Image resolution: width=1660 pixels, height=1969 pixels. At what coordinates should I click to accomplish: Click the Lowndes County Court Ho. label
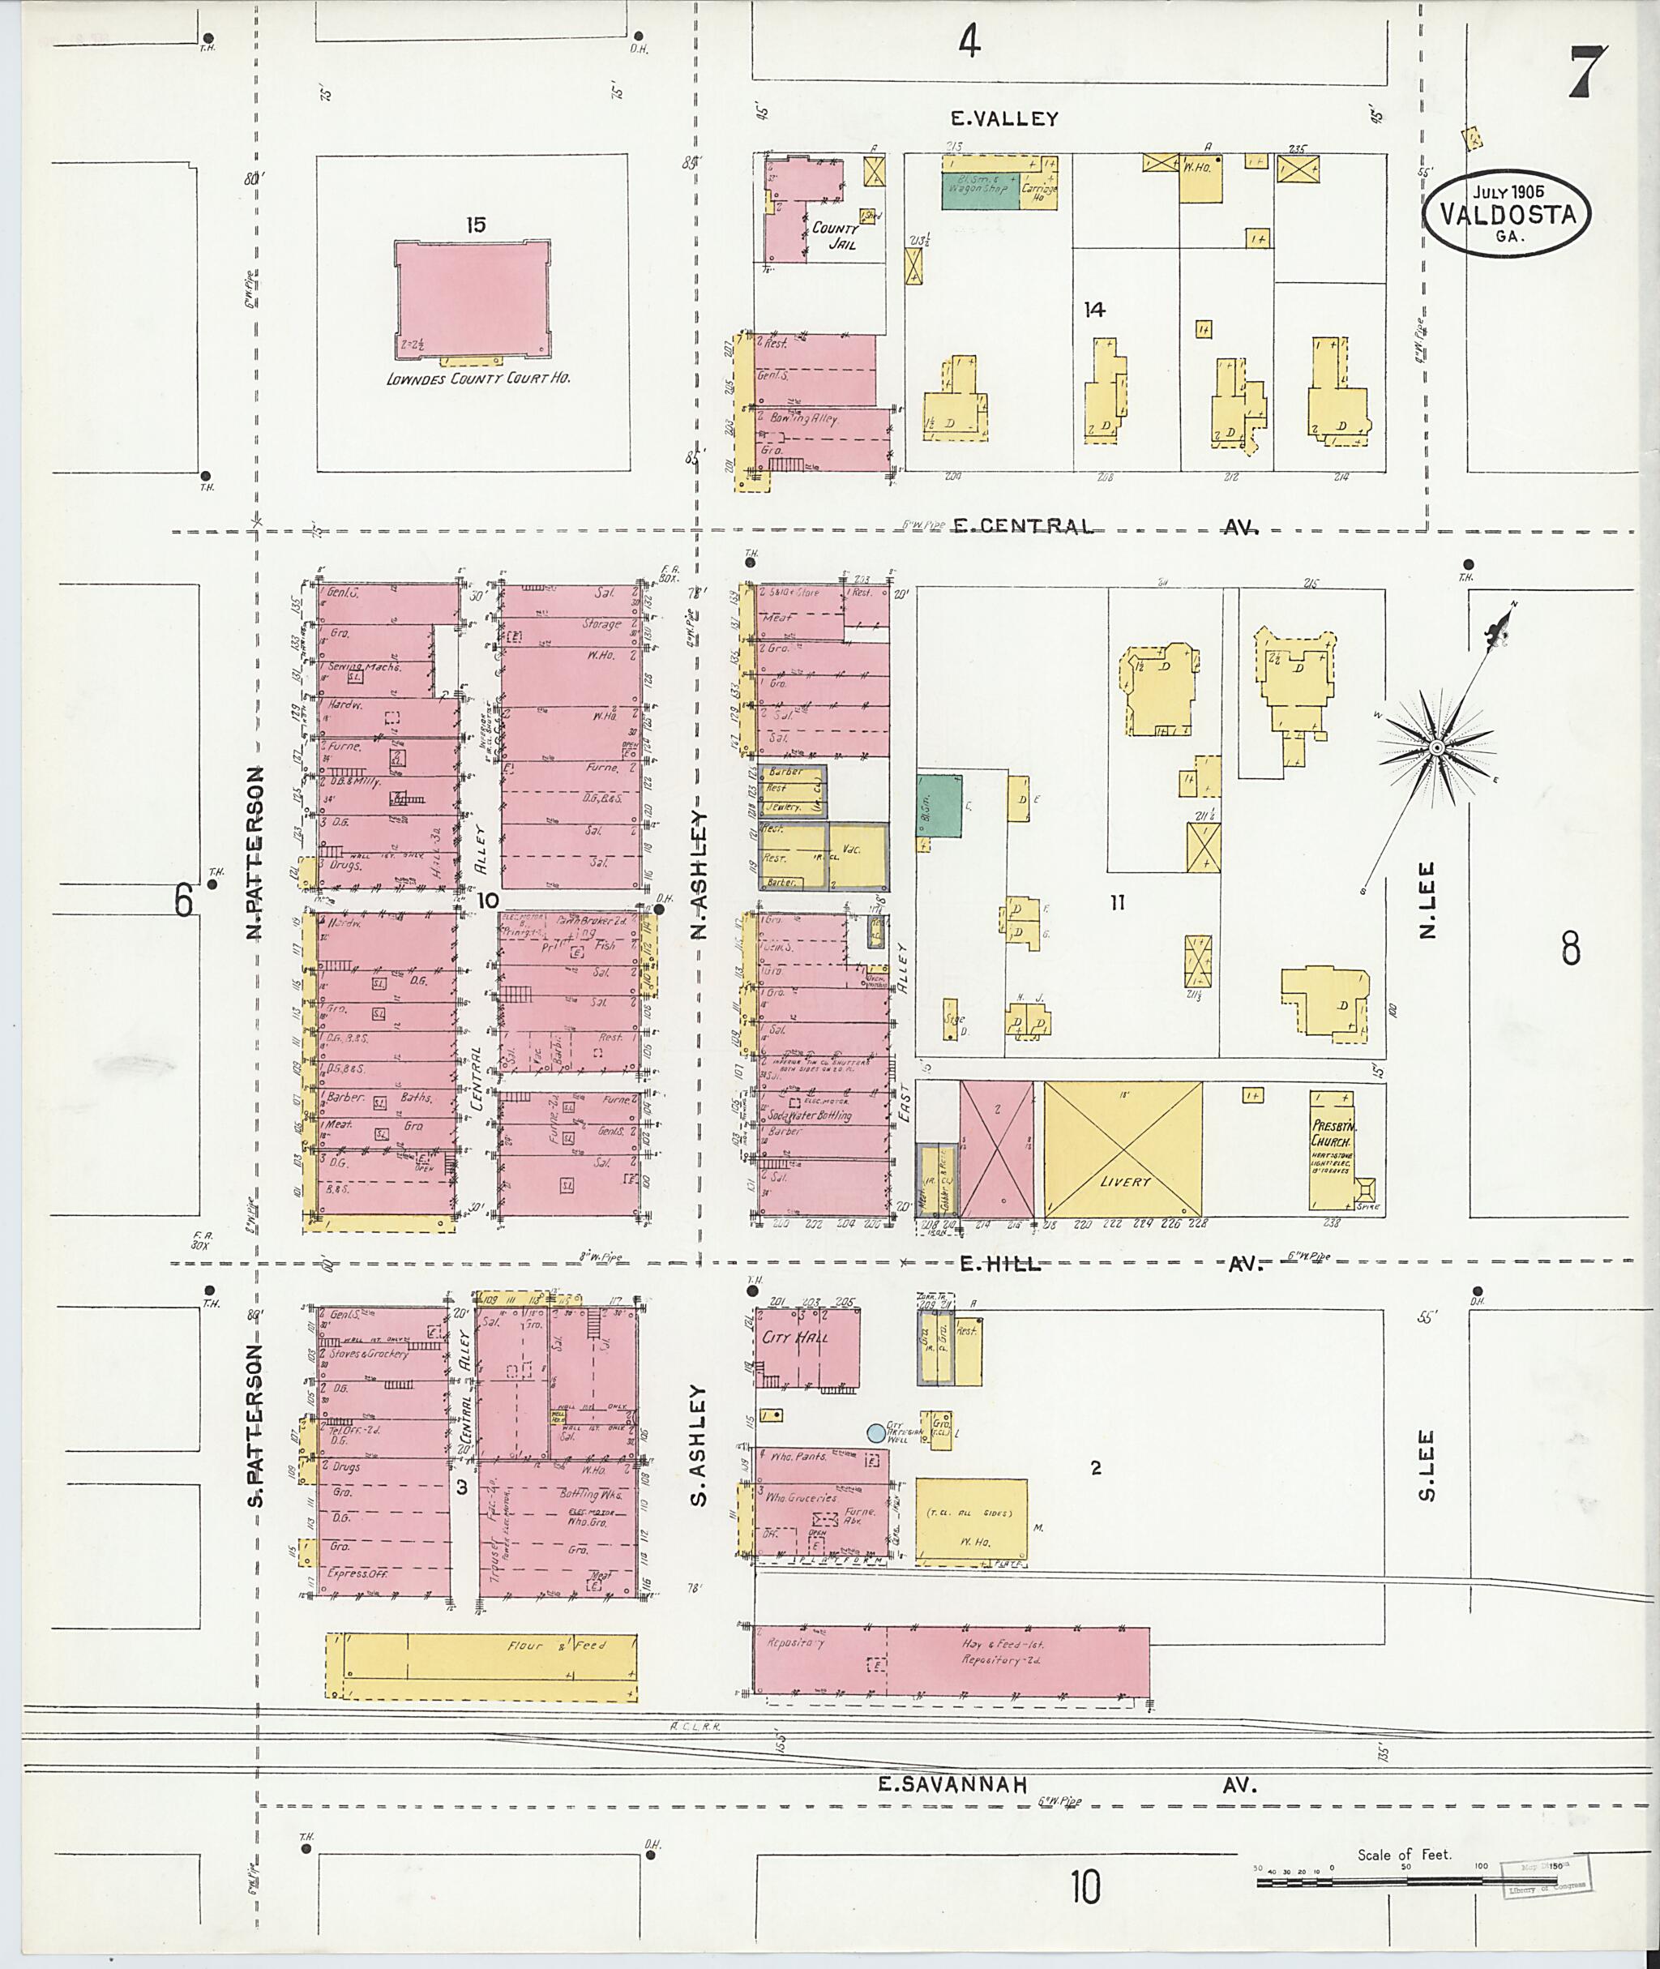point(478,379)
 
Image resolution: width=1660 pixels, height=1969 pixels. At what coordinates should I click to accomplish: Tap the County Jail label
point(835,235)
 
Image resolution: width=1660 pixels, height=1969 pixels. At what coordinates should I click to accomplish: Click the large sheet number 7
point(1586,72)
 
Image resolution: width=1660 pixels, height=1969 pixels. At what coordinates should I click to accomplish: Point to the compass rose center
point(1436,747)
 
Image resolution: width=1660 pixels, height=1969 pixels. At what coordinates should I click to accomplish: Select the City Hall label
point(795,1338)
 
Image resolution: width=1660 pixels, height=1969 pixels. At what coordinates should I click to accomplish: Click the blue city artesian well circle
point(875,1432)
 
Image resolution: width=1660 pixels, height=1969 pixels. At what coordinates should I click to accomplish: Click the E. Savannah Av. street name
point(1068,1783)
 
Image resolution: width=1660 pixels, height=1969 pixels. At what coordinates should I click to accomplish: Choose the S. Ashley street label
point(697,1445)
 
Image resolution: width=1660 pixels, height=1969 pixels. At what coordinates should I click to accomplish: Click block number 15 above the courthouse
point(475,225)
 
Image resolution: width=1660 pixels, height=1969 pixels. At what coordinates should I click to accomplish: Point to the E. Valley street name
point(1004,119)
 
